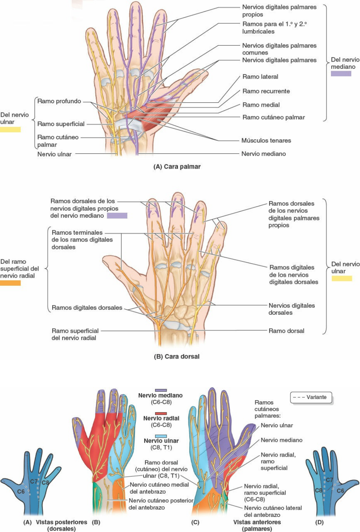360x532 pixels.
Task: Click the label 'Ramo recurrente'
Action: click(266, 91)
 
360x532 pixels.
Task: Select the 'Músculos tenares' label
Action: click(266, 141)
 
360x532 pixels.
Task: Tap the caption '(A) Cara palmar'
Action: click(177, 167)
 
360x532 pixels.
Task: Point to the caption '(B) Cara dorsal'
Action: click(177, 356)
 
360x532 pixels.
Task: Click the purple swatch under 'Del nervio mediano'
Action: click(341, 73)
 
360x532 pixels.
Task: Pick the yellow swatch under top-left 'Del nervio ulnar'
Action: click(10, 130)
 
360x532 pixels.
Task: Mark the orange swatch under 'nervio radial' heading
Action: click(10, 283)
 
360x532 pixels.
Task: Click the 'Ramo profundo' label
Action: click(59, 101)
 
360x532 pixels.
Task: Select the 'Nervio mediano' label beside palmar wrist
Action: click(263, 154)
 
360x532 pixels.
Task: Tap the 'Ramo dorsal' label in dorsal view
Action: click(286, 331)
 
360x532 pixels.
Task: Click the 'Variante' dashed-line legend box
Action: click(311, 397)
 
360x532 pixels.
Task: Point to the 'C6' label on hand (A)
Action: click(21, 491)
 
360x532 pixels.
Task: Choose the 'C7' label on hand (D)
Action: click(329, 480)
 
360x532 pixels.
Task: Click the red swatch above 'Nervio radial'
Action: click(161, 413)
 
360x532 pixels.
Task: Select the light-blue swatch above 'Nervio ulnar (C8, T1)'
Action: click(161, 436)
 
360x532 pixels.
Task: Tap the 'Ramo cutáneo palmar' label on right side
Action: click(273, 118)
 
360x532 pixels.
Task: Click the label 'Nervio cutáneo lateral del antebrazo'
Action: click(273, 511)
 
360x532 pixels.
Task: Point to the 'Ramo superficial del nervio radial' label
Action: click(75, 334)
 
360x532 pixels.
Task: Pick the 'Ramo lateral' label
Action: click(260, 77)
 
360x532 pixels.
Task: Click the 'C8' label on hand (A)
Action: click(45, 483)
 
